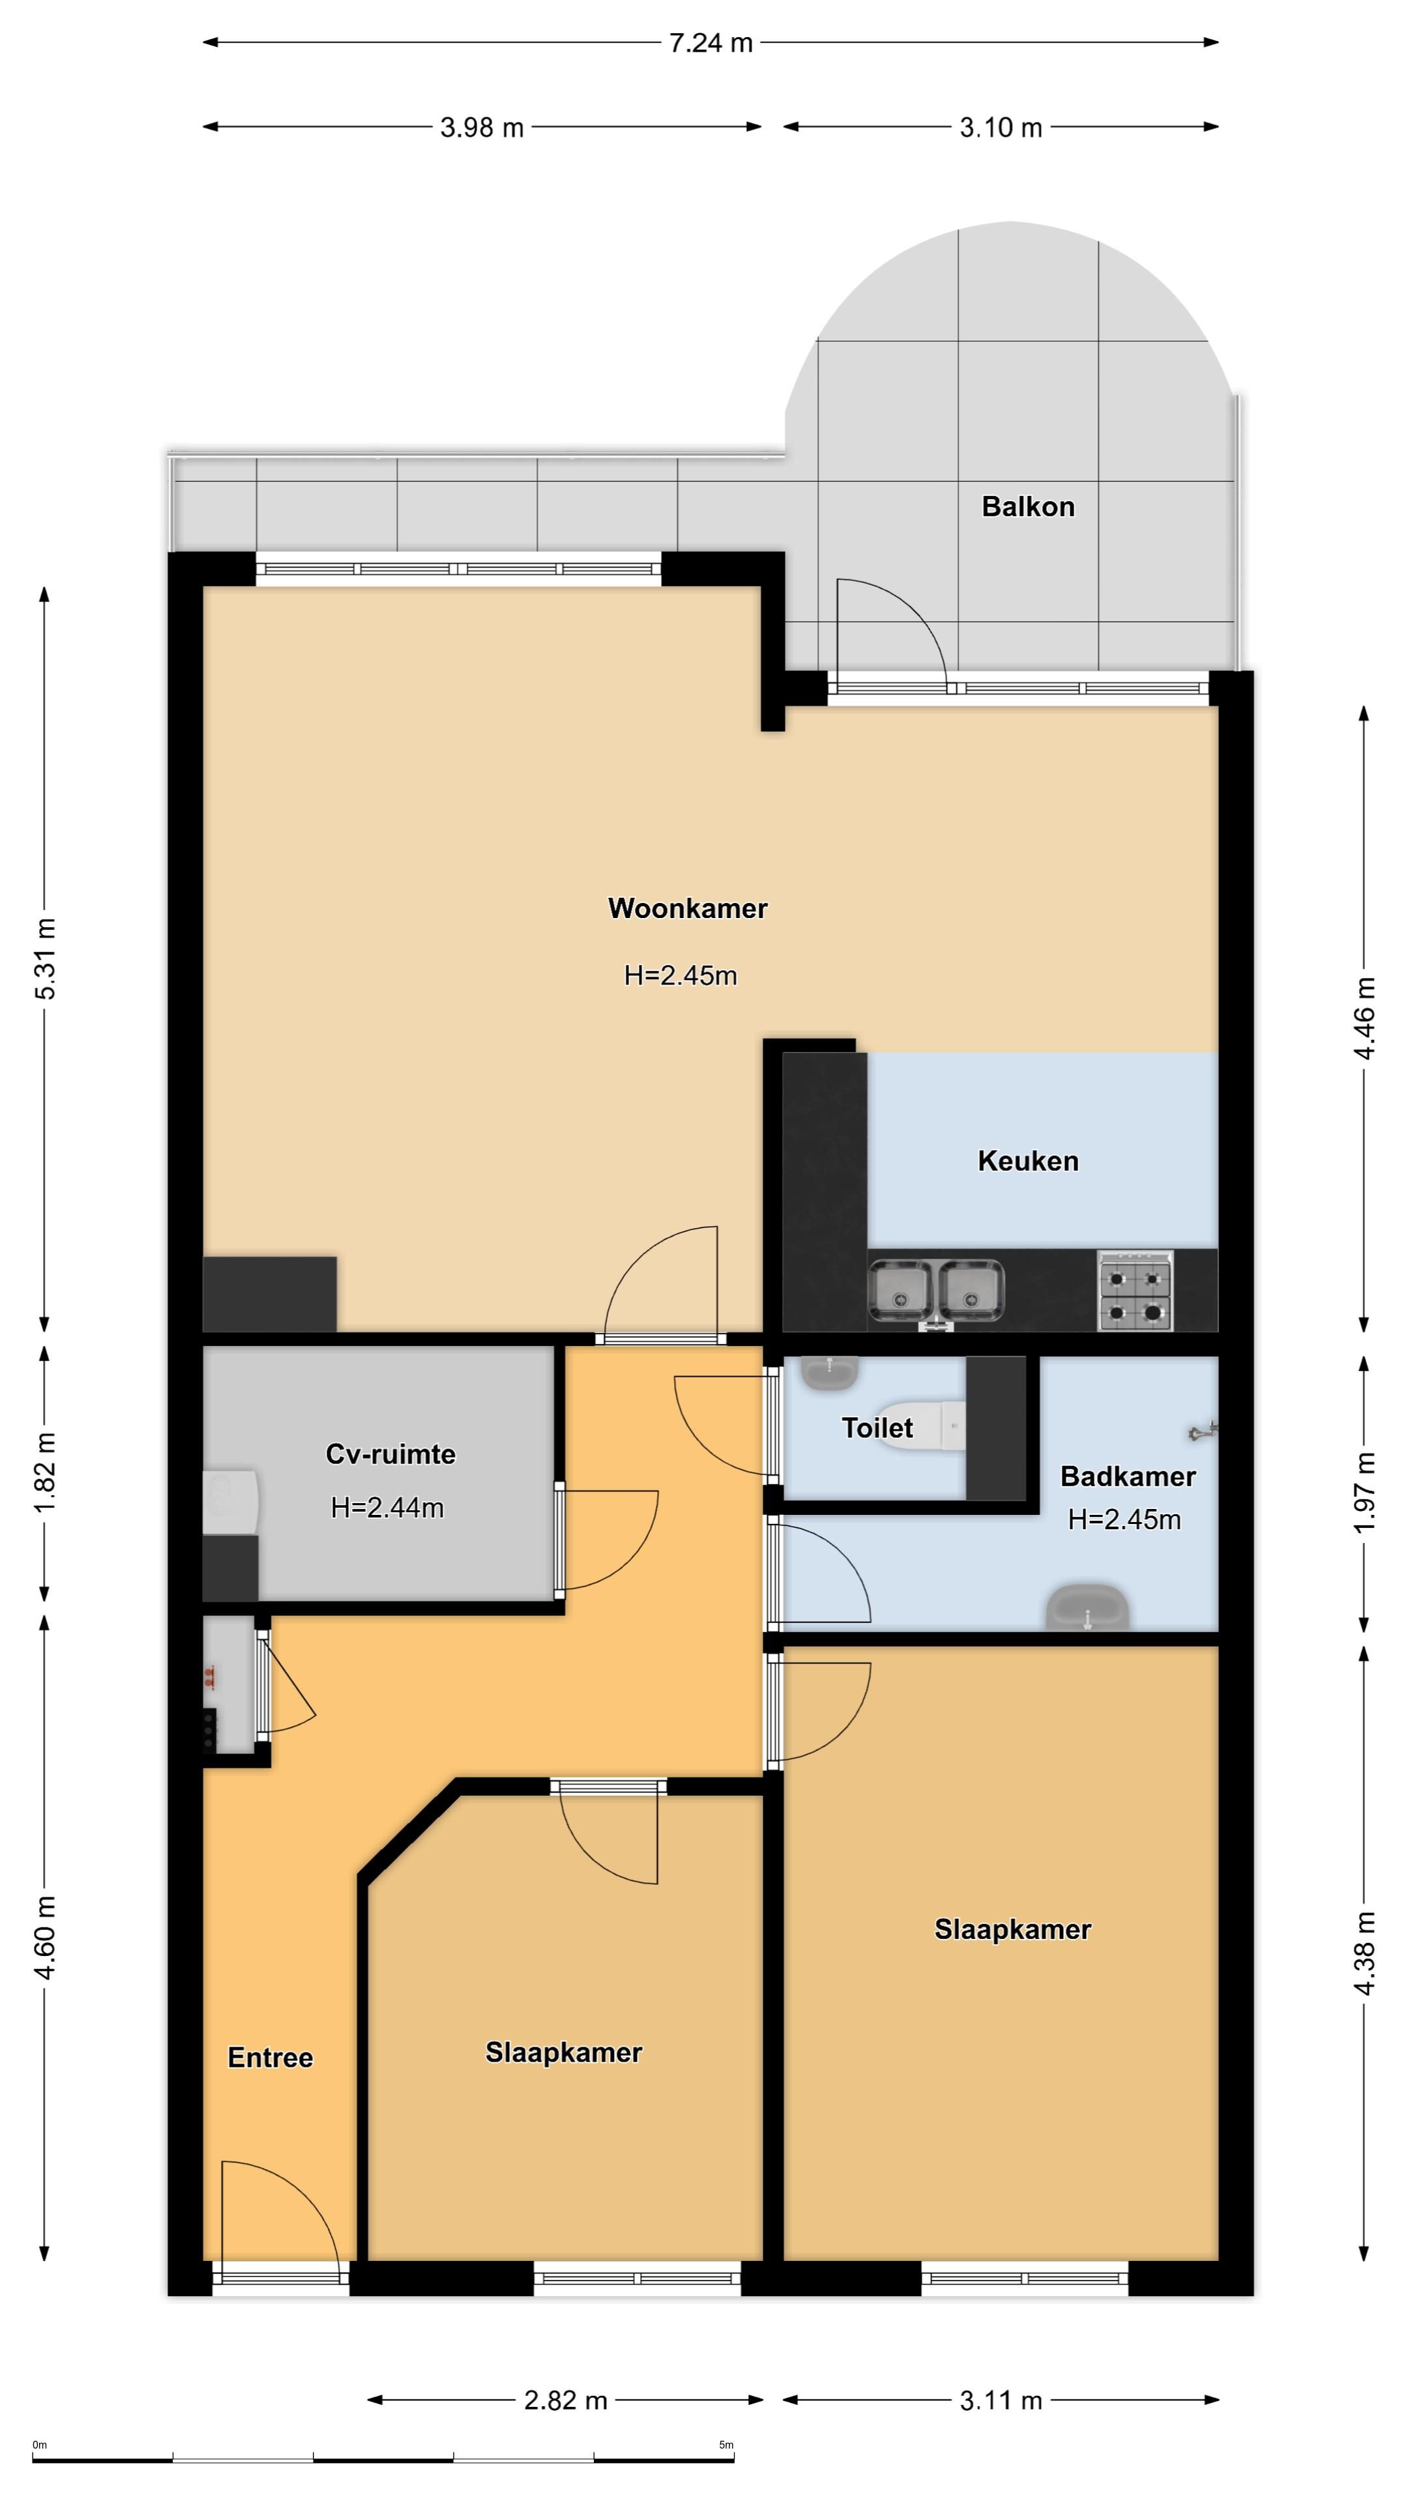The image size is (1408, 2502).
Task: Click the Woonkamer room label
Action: point(687,908)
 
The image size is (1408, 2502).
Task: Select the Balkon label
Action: point(1028,506)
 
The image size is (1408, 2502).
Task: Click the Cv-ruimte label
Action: point(390,1454)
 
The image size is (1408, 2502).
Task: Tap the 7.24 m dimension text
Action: point(711,43)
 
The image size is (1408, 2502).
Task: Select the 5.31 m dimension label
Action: point(46,958)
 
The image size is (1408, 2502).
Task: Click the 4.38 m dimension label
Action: point(1365,1953)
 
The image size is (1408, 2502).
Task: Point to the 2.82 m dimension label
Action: point(566,2400)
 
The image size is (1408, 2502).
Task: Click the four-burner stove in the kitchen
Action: point(1135,1290)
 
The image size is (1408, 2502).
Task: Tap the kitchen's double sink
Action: point(936,1292)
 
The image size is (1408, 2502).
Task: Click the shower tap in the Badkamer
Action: point(1203,1429)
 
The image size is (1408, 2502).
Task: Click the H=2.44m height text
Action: point(388,1508)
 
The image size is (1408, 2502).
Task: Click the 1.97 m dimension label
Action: point(1365,1492)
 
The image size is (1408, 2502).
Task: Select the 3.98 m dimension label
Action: point(482,127)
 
